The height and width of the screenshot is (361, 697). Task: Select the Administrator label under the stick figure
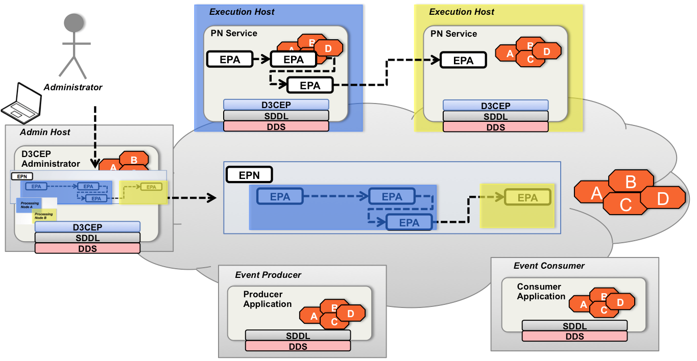coord(73,87)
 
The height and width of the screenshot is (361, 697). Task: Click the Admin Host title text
coord(45,132)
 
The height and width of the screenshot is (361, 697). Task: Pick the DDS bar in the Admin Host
coord(87,249)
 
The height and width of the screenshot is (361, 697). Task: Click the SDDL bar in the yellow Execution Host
coord(495,116)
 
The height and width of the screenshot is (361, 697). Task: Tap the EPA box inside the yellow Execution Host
coord(463,61)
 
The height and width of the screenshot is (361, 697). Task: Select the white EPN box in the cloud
coord(249,175)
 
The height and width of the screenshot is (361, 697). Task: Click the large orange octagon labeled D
coord(663,198)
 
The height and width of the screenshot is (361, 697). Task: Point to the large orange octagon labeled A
coord(595,193)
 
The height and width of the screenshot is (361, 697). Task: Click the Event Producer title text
coord(268,275)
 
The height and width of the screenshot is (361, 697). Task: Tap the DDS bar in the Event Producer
coord(298,346)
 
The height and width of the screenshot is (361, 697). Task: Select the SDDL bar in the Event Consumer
coord(574,326)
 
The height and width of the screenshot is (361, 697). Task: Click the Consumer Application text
coord(541,292)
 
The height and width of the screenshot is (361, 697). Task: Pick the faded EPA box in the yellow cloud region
coord(527,198)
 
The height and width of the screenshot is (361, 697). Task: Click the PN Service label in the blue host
coord(234,34)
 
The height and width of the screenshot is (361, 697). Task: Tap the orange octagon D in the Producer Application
coord(351,313)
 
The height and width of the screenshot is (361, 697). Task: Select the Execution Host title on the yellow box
coord(462,12)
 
